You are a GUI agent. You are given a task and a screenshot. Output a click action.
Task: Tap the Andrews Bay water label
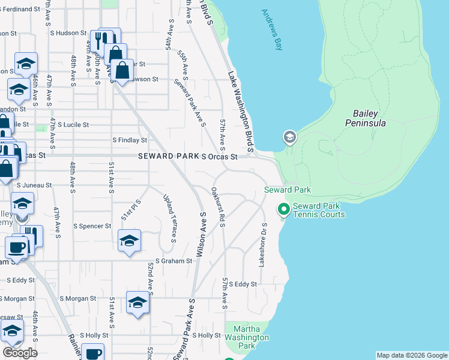tap(272, 29)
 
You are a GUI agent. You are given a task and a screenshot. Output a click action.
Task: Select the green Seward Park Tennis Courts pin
tap(283, 209)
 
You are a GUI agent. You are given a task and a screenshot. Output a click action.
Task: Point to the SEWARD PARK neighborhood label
tap(168, 156)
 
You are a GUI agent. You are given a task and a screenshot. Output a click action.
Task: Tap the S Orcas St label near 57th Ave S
tap(220, 157)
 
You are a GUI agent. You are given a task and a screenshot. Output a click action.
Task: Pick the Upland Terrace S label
tap(169, 217)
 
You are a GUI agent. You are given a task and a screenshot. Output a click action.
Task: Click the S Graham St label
tap(173, 261)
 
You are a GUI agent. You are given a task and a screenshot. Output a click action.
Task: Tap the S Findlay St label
tap(130, 140)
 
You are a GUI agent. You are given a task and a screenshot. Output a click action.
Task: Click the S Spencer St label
tap(92, 226)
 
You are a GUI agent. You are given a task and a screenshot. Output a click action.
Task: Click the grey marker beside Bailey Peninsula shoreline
tap(289, 138)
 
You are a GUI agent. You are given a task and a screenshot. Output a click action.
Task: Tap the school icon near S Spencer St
tap(129, 240)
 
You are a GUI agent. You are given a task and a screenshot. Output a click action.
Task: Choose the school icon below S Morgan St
tap(137, 302)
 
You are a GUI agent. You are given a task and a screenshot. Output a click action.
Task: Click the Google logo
tap(20, 352)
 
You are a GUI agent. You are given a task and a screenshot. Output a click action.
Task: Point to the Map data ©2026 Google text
tap(412, 355)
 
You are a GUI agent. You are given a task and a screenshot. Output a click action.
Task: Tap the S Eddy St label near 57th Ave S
tap(243, 284)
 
